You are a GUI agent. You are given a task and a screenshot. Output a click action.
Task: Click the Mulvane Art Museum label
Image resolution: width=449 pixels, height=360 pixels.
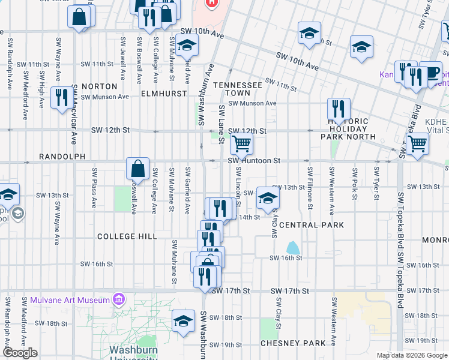[70, 299]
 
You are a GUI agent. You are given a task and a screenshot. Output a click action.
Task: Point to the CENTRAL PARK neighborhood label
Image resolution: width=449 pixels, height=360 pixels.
[311, 225]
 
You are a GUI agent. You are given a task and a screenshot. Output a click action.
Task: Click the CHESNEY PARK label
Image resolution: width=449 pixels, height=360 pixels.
[292, 343]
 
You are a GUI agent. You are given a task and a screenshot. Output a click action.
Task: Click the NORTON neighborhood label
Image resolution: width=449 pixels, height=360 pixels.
[98, 86]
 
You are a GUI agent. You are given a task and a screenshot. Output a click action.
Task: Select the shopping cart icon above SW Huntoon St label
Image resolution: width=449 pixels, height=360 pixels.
[241, 143]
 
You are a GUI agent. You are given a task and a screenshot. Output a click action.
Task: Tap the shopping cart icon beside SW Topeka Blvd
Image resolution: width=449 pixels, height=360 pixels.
[417, 143]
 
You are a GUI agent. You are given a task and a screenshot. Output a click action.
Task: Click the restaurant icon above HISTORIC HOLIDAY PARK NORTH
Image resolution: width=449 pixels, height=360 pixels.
[339, 109]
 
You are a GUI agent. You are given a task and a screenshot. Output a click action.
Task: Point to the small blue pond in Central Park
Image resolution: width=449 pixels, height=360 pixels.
[292, 247]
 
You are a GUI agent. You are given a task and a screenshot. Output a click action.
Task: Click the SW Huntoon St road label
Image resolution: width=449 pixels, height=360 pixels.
[254, 161]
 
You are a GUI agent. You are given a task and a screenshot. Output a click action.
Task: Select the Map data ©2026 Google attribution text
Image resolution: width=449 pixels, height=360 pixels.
[412, 355]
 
